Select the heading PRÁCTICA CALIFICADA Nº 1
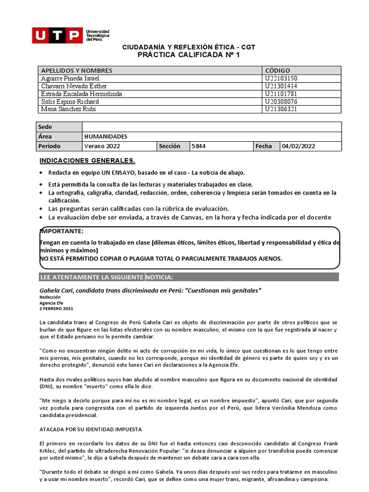click(x=188, y=55)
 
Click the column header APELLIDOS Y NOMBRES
click(x=76, y=71)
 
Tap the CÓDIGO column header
click(x=277, y=71)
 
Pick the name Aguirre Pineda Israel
click(x=71, y=78)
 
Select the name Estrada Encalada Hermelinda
click(x=81, y=94)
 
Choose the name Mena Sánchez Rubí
click(x=69, y=109)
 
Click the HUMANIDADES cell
click(x=105, y=136)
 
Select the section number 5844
click(x=198, y=146)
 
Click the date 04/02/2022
click(x=299, y=146)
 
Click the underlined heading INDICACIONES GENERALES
click(x=87, y=160)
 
